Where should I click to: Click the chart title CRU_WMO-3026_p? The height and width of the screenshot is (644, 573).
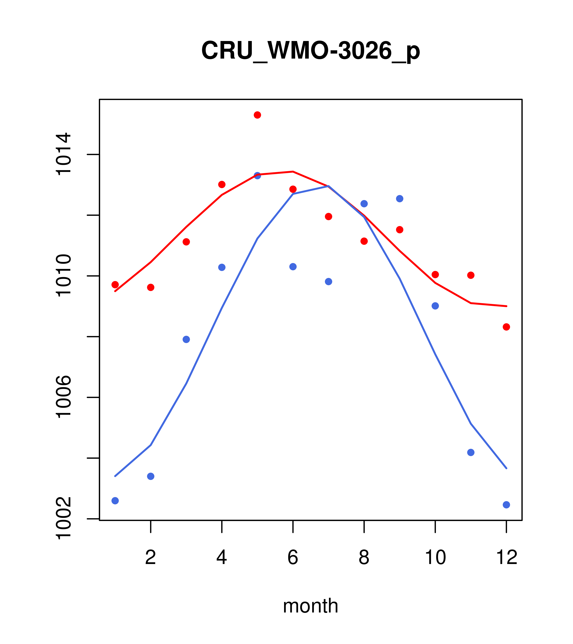(x=310, y=51)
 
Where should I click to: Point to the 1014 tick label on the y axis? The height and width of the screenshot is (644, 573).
(x=63, y=154)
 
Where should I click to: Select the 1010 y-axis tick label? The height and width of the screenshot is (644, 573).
(x=63, y=276)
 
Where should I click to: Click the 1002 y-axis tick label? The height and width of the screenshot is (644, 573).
(x=63, y=518)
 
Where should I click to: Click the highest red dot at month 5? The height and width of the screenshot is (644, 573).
(x=257, y=115)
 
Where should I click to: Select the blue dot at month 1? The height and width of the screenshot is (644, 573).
(x=115, y=501)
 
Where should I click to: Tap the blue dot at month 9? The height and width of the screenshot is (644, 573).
(x=400, y=199)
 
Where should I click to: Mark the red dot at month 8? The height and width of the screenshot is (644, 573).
(x=364, y=241)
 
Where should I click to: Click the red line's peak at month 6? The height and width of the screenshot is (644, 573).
(x=293, y=172)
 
